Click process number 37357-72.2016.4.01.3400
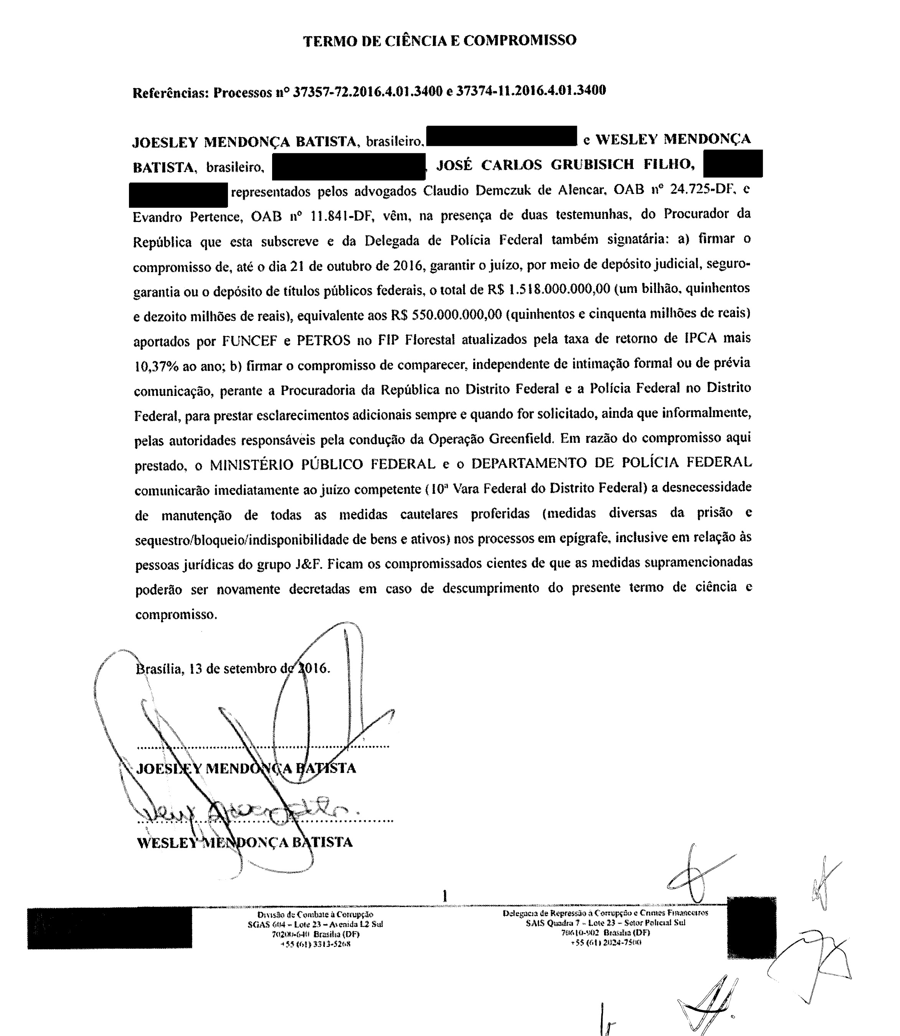pos(368,91)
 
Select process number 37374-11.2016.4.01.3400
pos(531,91)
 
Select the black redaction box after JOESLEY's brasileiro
pos(501,136)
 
